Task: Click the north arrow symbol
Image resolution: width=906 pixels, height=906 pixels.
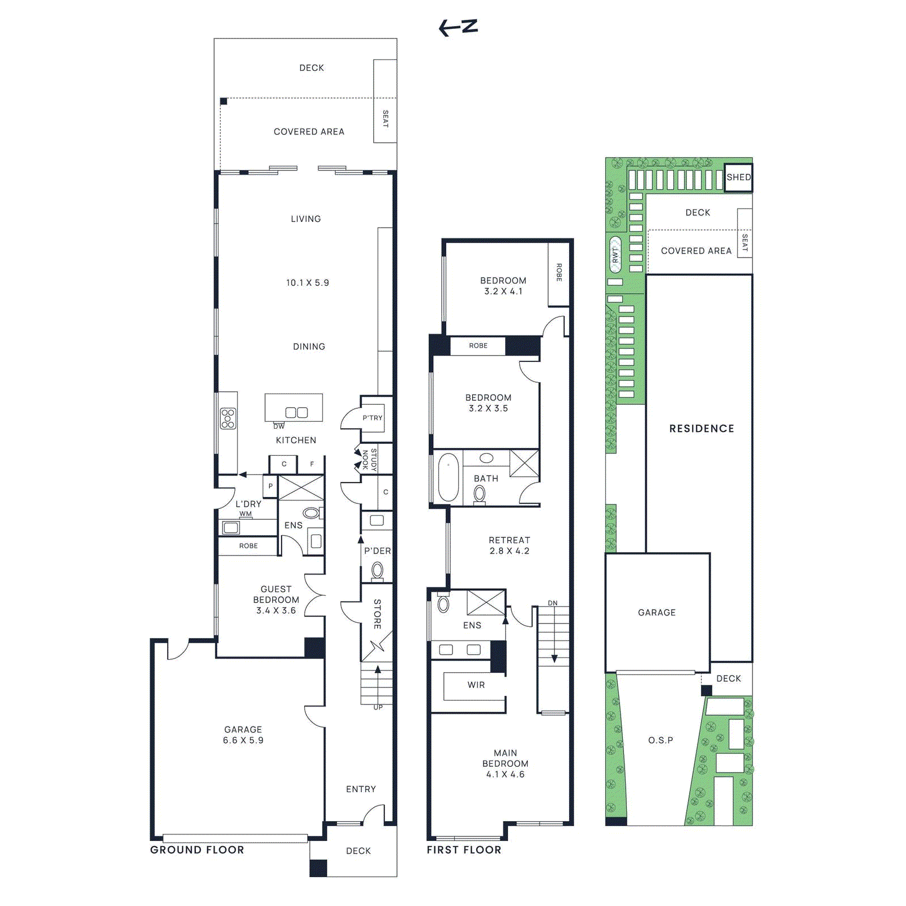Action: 458,27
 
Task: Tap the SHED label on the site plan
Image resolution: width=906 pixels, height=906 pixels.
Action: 738,177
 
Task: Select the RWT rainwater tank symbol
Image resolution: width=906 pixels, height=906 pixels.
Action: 615,255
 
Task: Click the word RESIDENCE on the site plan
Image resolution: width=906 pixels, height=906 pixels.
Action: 702,429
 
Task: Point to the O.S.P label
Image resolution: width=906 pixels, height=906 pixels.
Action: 660,740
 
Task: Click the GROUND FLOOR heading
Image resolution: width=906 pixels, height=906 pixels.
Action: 197,850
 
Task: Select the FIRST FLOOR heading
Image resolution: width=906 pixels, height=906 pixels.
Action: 464,850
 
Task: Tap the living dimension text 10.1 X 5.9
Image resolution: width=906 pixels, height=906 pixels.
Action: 307,283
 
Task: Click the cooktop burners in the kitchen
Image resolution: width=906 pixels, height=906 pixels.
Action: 228,418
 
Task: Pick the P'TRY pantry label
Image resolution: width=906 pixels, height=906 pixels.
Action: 373,418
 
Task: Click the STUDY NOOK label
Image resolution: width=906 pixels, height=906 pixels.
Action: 369,459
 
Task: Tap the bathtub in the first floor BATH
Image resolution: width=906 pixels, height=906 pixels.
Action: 448,477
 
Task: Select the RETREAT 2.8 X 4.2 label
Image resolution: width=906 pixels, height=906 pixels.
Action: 509,545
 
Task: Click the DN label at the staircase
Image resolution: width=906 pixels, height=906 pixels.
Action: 553,603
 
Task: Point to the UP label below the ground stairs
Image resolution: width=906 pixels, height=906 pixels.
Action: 378,707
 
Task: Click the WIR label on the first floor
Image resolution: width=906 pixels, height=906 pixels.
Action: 476,685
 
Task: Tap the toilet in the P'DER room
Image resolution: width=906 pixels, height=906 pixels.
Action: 377,571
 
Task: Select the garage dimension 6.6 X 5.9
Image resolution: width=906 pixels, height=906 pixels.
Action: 243,740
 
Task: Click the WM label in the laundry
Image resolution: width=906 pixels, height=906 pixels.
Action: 245,514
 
